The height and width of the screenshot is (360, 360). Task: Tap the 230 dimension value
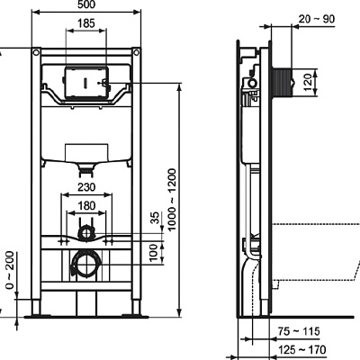tap(85, 186)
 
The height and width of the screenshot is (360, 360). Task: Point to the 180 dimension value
tap(85, 206)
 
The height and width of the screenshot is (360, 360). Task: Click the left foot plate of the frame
tap(36, 315)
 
